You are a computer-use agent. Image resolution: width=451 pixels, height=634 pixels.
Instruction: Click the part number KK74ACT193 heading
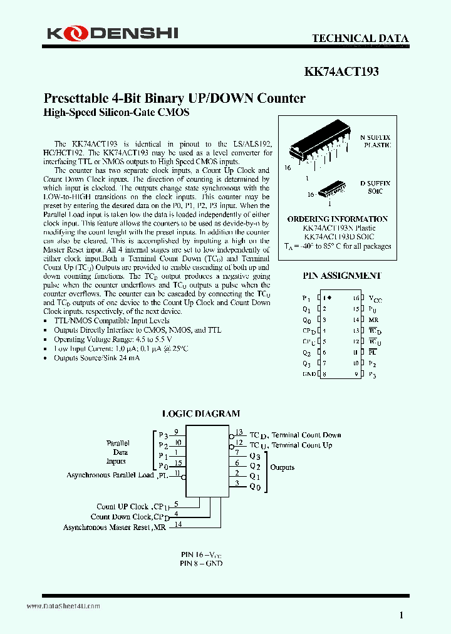tap(341, 72)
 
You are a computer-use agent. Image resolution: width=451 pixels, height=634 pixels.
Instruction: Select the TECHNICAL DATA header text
tap(360, 38)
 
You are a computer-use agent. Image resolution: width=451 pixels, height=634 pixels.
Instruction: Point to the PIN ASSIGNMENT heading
tap(342, 276)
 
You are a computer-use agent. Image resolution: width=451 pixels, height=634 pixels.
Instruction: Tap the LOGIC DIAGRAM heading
tap(201, 413)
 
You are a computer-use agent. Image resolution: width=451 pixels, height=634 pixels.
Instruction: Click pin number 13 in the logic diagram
tap(239, 431)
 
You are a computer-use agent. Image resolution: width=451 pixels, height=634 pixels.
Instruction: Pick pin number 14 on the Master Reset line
tap(178, 524)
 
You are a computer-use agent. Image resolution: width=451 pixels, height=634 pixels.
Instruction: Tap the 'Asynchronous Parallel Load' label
tap(110, 476)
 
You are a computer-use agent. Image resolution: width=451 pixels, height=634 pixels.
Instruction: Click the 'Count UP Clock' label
tap(122, 506)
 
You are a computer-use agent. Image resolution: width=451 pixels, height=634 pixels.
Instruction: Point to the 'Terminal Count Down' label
tap(306, 435)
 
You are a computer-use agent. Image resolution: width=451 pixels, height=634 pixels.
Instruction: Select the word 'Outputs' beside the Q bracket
tap(282, 467)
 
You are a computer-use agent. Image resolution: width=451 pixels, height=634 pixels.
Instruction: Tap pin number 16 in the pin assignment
tap(355, 298)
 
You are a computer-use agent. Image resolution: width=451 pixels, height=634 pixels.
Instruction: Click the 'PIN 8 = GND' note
tap(201, 563)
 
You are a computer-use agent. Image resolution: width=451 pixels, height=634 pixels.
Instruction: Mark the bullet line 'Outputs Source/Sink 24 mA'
tap(97, 358)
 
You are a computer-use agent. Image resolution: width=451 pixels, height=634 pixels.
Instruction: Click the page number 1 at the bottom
tap(401, 615)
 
